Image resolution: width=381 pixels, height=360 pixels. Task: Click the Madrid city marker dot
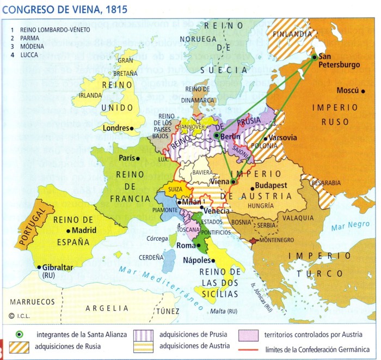[x=67, y=230]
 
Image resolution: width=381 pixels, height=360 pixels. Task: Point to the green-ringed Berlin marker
[x=217, y=136]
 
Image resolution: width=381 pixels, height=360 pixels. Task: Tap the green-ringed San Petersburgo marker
[x=315, y=57]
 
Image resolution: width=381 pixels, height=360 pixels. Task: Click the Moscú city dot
[x=362, y=90]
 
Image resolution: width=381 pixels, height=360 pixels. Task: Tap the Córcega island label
[x=157, y=239]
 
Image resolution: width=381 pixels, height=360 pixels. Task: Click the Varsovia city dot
[x=266, y=138]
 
